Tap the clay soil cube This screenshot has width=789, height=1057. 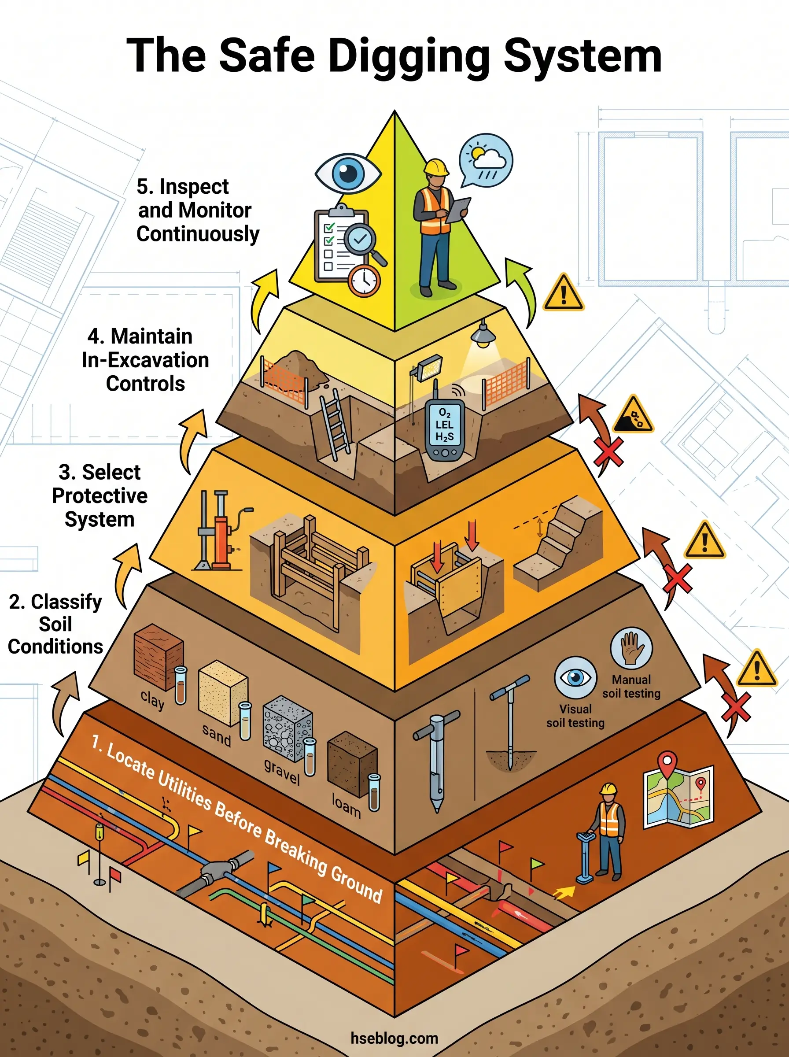pyautogui.click(x=158, y=657)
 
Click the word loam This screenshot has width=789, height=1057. pyautogui.click(x=346, y=806)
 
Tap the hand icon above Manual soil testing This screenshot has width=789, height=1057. pyautogui.click(x=631, y=648)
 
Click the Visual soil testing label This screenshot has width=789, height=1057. pyautogui.click(x=575, y=716)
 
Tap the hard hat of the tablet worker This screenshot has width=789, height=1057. pyautogui.click(x=436, y=167)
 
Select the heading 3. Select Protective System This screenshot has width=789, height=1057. pyautogui.click(x=100, y=495)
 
